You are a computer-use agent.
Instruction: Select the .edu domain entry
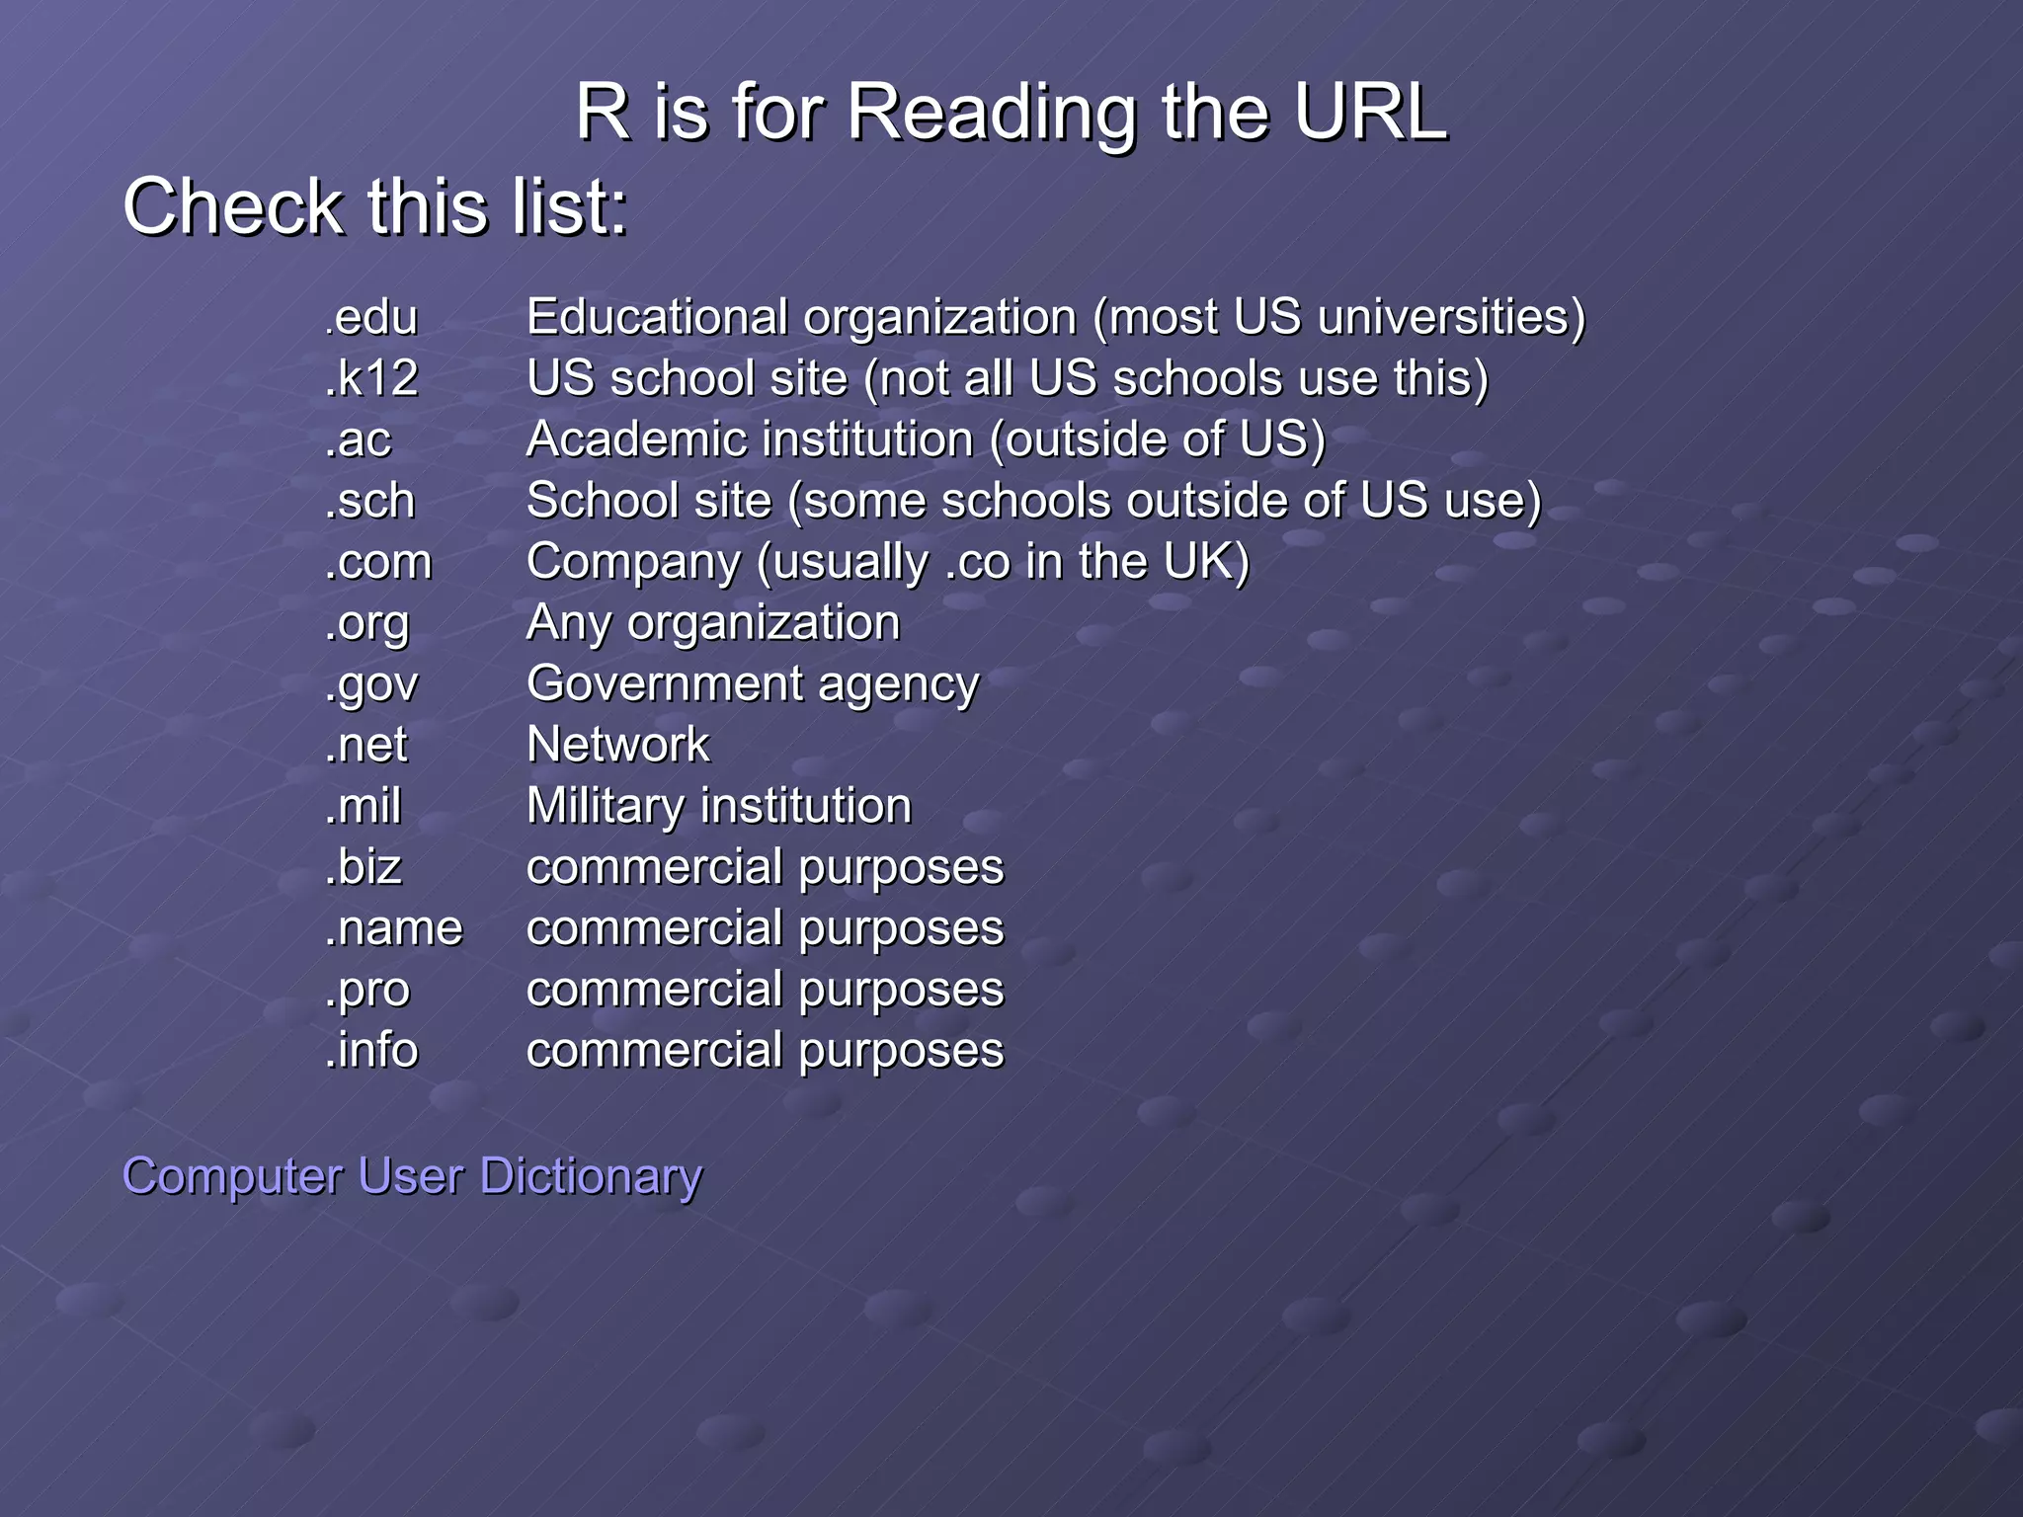coord(371,318)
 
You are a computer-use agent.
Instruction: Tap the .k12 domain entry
coord(371,379)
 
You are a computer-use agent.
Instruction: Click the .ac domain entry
coord(358,440)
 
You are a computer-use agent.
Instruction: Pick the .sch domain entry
coord(369,502)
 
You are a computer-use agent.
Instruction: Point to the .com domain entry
coord(378,563)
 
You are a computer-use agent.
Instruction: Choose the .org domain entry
coord(366,624)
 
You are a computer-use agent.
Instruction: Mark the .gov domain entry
coord(371,685)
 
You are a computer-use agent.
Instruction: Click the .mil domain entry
coord(363,807)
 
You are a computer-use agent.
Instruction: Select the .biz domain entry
coord(363,868)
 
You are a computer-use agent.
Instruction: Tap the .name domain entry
coord(393,929)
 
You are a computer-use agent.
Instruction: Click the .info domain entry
coord(371,1051)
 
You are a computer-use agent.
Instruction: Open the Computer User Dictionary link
coord(412,1176)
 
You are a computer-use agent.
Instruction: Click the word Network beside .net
coord(618,746)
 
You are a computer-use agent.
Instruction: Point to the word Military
coord(605,807)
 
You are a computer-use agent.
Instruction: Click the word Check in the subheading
coord(231,207)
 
